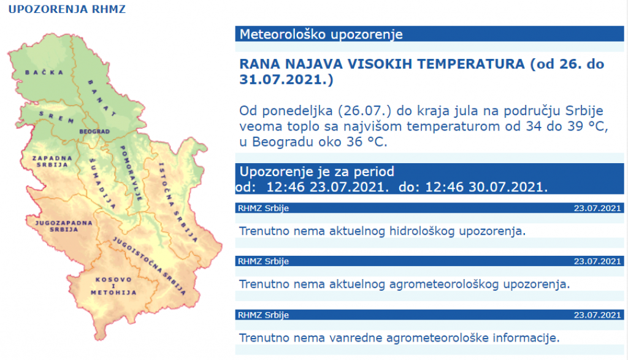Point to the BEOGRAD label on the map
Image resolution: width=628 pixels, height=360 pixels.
[x=94, y=132]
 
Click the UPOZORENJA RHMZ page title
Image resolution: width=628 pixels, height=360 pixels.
[x=67, y=10]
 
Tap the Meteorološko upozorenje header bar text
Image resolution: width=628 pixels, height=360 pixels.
[x=321, y=34]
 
